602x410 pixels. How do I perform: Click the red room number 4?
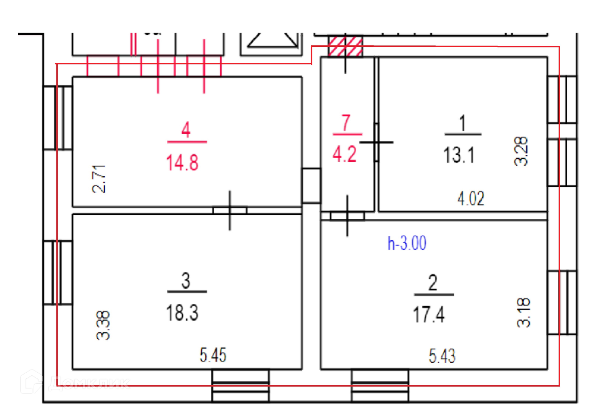pyautogui.click(x=186, y=129)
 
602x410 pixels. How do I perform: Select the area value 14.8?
pyautogui.click(x=182, y=163)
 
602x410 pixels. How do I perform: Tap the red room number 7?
pyautogui.click(x=346, y=123)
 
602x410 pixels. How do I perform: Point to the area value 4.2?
pyautogui.click(x=345, y=154)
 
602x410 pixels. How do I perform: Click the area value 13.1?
pyautogui.click(x=459, y=155)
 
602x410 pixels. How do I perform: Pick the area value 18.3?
pyautogui.click(x=182, y=313)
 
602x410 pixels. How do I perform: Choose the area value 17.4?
pyautogui.click(x=429, y=315)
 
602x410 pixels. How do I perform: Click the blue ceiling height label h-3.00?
pyautogui.click(x=407, y=243)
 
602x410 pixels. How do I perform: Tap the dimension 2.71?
pyautogui.click(x=99, y=179)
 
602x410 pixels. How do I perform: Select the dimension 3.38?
pyautogui.click(x=103, y=325)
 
